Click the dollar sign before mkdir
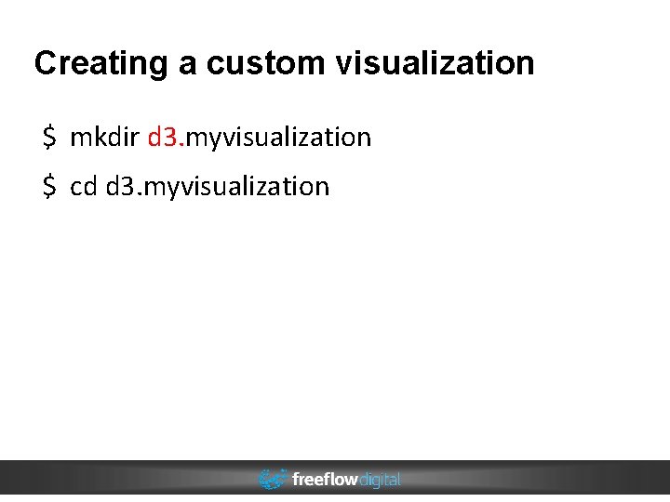48,138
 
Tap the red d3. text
167,138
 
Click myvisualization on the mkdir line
279,139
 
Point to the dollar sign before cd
48,186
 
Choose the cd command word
84,186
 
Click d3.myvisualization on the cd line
218,187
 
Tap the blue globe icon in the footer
272,480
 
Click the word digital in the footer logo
379,480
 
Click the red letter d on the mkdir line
154,138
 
